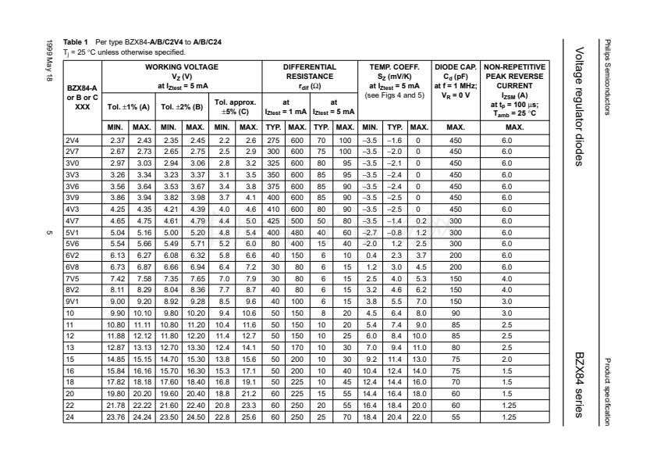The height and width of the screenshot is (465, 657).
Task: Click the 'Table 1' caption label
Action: click(76, 41)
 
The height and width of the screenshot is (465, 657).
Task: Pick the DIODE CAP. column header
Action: click(456, 68)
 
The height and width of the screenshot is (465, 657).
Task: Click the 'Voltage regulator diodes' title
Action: click(580, 106)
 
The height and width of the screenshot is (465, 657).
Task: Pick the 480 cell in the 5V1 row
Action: click(297, 232)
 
